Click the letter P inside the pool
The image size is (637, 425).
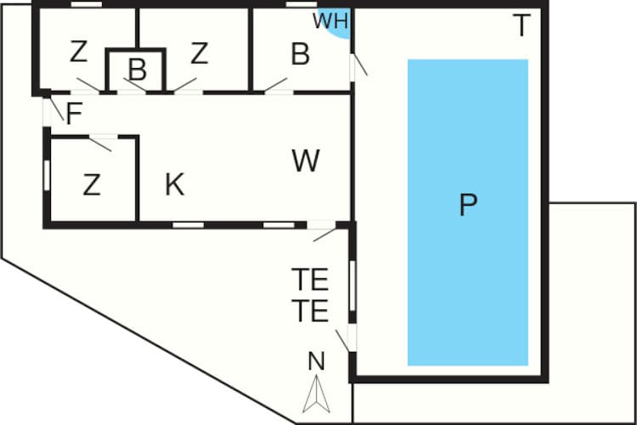tap(468, 205)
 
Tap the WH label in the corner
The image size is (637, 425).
tap(330, 20)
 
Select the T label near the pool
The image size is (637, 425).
tap(521, 25)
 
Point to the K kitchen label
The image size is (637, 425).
tap(175, 184)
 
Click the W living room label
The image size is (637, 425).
tap(306, 161)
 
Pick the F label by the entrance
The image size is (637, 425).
tap(75, 113)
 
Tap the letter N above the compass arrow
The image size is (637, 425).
tap(317, 361)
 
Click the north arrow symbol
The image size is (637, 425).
tap(317, 394)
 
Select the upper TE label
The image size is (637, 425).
tap(310, 280)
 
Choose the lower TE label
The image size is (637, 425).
tap(310, 311)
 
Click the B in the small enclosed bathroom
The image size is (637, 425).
tap(138, 70)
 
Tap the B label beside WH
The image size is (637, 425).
tap(300, 54)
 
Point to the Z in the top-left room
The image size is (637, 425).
tap(78, 52)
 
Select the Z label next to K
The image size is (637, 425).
tap(92, 184)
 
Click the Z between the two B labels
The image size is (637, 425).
tap(200, 54)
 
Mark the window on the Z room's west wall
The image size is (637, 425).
tap(47, 175)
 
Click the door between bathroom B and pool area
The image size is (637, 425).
tap(352, 67)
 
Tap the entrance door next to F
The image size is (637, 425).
tap(47, 112)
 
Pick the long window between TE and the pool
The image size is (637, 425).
tap(352, 286)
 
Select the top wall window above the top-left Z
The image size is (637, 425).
tap(87, 4)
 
